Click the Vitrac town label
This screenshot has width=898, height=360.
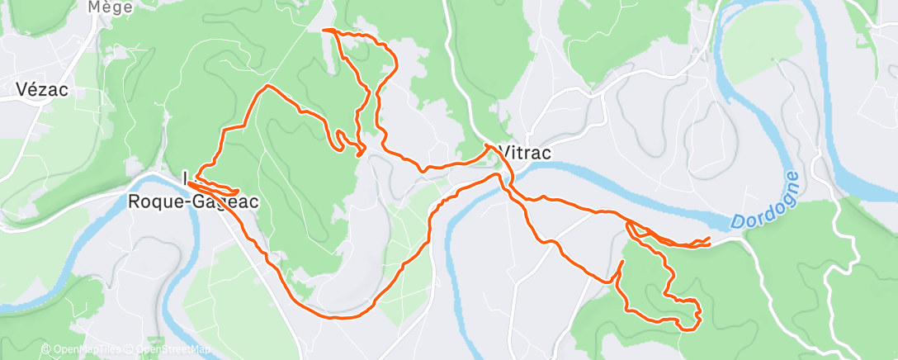[525, 154]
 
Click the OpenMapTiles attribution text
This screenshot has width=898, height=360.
[86, 350]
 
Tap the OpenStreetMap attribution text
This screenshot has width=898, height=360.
[172, 350]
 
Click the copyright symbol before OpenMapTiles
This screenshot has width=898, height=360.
[45, 350]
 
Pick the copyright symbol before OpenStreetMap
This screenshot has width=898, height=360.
[130, 350]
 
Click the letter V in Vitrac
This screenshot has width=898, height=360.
[504, 154]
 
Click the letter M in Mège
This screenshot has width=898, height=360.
[93, 7]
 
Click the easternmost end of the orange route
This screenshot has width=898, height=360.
[710, 239]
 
